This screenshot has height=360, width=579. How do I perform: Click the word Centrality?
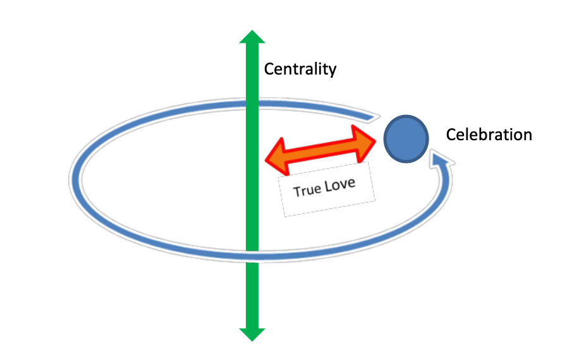300,69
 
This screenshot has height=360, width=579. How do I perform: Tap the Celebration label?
489,135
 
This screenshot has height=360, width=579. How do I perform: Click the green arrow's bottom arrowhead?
252,333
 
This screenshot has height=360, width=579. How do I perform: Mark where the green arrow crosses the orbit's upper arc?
252,102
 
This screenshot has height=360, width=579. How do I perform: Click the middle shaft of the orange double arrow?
322,150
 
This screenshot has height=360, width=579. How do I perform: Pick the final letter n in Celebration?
528,135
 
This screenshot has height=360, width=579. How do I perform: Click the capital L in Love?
327,187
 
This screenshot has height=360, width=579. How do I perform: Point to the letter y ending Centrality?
332,71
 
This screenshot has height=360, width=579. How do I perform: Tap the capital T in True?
297,191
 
